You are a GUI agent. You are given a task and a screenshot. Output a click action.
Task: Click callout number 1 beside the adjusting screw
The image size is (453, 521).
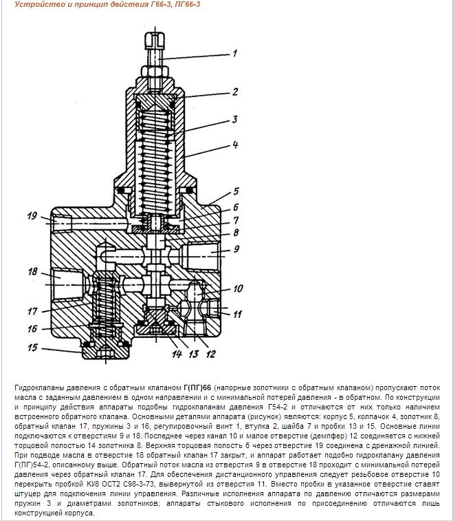tap(234, 52)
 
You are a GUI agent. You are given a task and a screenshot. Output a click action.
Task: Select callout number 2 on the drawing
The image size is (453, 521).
tap(234, 91)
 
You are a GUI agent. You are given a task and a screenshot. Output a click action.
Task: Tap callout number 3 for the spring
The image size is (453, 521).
tap(234, 119)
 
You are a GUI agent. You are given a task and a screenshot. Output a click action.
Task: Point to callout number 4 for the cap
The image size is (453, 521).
tap(234, 145)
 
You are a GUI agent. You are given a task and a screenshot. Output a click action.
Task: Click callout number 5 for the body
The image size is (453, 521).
tap(234, 191)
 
